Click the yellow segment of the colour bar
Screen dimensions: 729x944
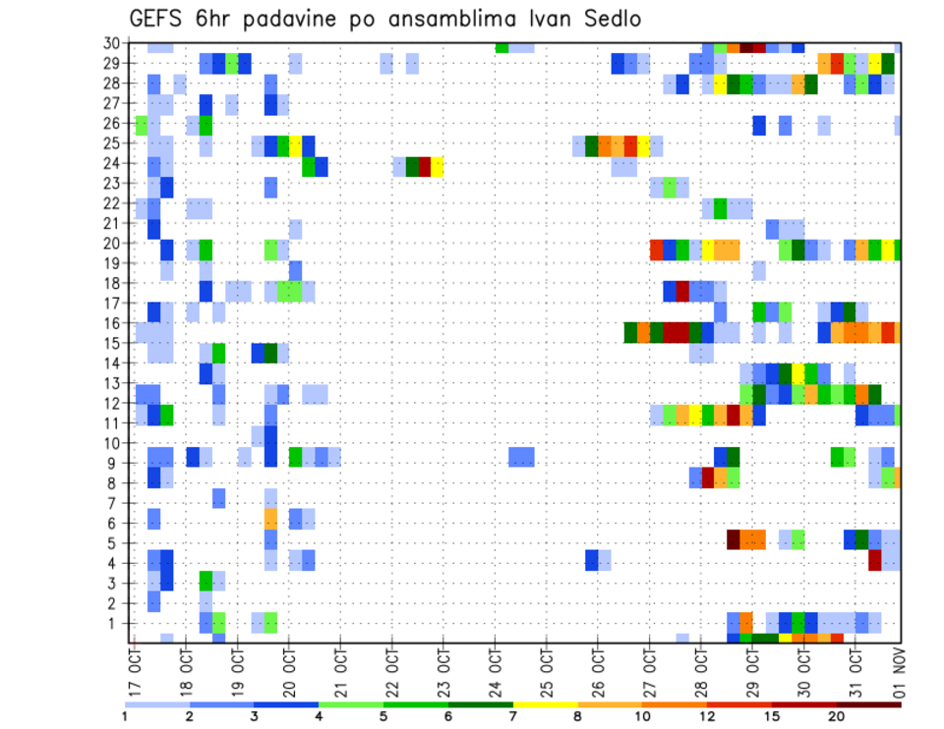(x=545, y=704)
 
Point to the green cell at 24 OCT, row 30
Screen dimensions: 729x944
(x=501, y=47)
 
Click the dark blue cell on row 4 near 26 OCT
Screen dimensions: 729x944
(x=591, y=559)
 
